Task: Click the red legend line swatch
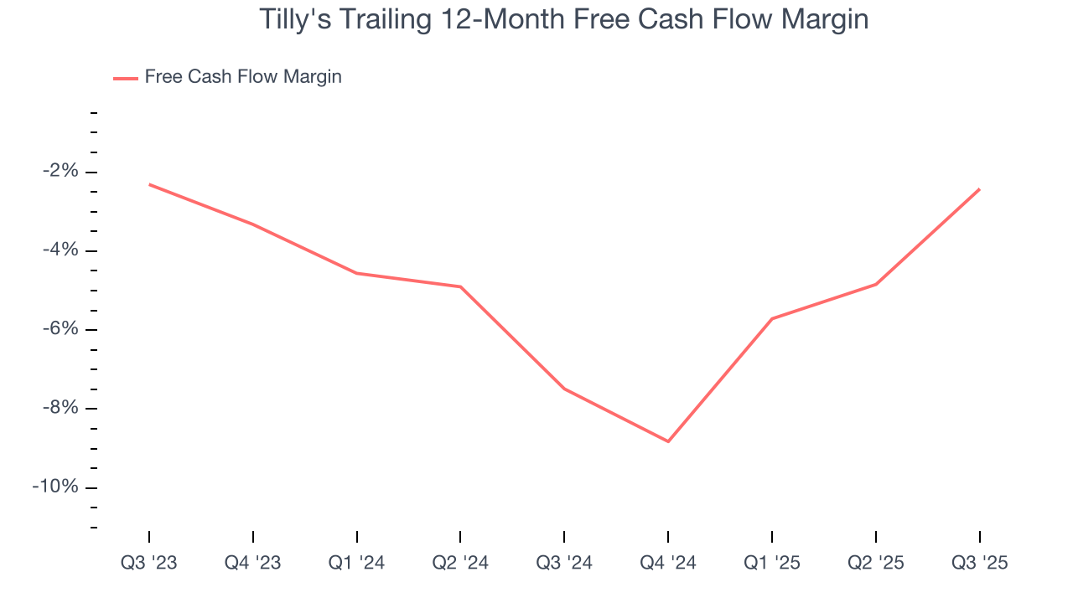(125, 78)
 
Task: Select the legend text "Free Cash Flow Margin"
(243, 77)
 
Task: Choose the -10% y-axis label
(58, 487)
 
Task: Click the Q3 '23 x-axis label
(149, 563)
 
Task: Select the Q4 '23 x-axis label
(253, 563)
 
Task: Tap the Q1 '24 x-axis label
(357, 563)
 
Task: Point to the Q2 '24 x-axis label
(460, 563)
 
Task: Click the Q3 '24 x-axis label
(564, 563)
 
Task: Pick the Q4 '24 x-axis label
(668, 563)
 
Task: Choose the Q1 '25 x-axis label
(772, 563)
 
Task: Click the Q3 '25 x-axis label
(979, 563)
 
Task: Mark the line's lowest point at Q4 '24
(668, 441)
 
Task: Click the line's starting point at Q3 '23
(149, 184)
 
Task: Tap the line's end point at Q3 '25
(979, 189)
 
